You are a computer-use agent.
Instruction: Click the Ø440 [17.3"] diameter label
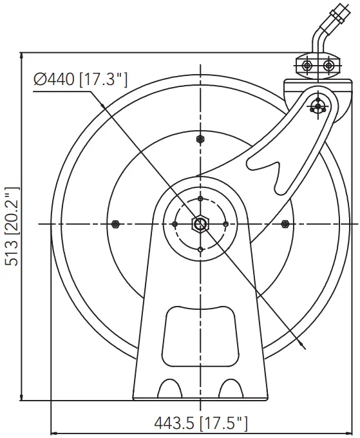81,79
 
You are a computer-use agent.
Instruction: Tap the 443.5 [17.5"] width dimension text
200,423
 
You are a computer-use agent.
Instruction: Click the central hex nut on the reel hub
200,224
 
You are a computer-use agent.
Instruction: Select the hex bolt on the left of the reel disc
115,224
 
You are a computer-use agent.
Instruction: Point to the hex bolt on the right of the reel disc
285,224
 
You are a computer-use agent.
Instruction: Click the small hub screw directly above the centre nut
200,198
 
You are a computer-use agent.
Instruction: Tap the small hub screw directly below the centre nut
200,249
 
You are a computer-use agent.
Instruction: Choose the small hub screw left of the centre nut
175,224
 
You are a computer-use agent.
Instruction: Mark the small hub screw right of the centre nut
225,224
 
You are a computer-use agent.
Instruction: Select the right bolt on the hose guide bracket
328,66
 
